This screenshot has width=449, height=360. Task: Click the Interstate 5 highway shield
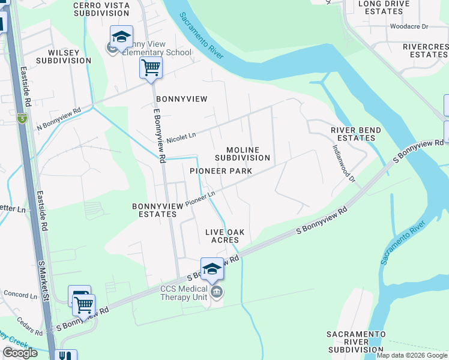tap(22, 118)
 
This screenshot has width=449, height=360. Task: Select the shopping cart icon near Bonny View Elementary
tap(151, 67)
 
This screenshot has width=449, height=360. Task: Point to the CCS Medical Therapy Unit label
tap(184, 293)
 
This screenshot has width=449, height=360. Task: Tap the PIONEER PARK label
tap(220, 171)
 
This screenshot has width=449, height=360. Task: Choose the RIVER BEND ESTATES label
tap(353, 134)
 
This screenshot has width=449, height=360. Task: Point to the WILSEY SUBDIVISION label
tap(64, 56)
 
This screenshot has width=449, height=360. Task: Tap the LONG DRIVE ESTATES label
tap(384, 7)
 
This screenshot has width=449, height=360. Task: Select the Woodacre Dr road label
tap(409, 26)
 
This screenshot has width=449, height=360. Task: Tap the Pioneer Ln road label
tap(200, 199)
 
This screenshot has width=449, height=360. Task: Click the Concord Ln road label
tap(20, 295)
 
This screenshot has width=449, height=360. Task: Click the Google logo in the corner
tap(20, 353)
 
